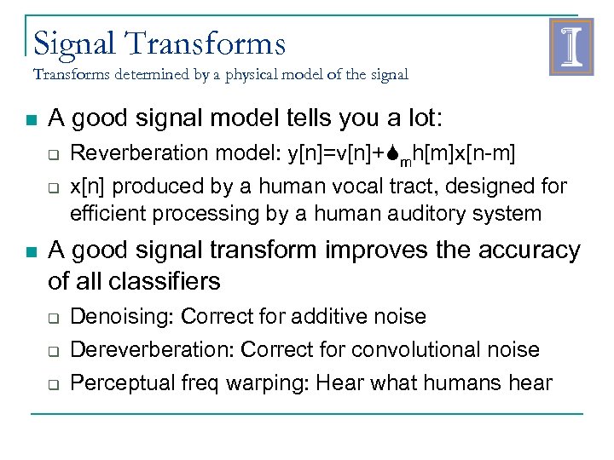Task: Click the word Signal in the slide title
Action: (73, 43)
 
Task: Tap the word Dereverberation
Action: (152, 349)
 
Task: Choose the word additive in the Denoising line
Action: (326, 317)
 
